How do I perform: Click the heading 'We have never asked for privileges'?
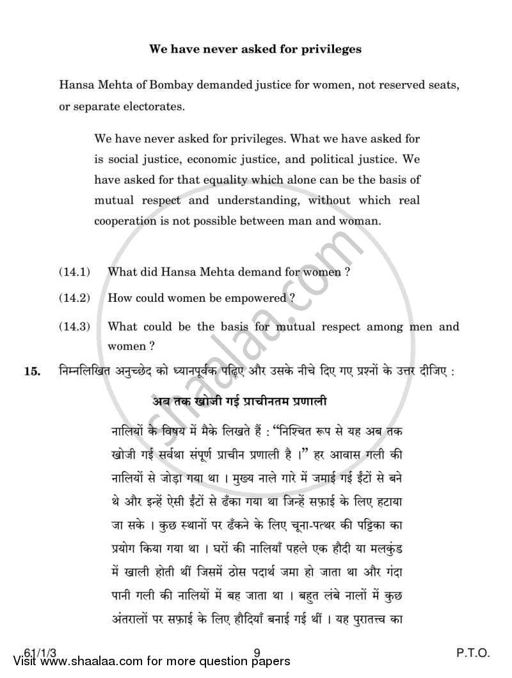point(255,48)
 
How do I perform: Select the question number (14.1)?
point(74,272)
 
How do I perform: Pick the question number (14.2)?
point(74,298)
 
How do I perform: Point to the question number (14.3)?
point(74,326)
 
